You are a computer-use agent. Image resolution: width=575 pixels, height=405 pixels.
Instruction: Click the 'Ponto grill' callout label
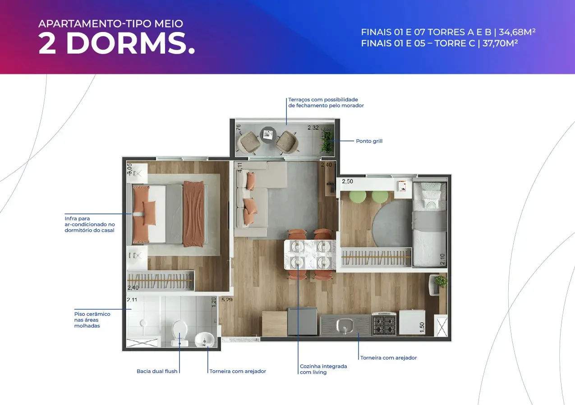pyautogui.click(x=369, y=141)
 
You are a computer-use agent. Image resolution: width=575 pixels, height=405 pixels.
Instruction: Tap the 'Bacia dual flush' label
pyautogui.click(x=157, y=371)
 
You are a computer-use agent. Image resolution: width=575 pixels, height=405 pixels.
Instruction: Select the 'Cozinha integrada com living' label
pyautogui.click(x=323, y=369)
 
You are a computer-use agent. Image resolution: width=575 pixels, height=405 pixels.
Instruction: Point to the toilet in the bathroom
pyautogui.click(x=179, y=333)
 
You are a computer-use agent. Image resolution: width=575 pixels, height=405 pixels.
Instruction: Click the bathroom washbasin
pyautogui.click(x=204, y=340)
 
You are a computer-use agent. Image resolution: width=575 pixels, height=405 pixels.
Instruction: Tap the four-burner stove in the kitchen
pyautogui.click(x=384, y=324)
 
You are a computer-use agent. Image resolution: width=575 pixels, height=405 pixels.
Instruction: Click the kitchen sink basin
pyautogui.click(x=345, y=325)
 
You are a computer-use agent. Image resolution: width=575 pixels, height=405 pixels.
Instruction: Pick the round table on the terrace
pyautogui.click(x=268, y=135)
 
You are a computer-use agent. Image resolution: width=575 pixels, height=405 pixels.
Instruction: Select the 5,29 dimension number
pyautogui.click(x=227, y=300)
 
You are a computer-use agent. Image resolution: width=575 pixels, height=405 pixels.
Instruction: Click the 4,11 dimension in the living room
pyautogui.click(x=240, y=167)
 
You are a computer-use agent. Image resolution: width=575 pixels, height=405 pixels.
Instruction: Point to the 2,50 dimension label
pyautogui.click(x=347, y=182)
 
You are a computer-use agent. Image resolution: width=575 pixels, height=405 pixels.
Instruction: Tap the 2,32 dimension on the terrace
pyautogui.click(x=313, y=127)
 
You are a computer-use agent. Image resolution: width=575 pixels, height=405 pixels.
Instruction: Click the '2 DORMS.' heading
pyautogui.click(x=117, y=43)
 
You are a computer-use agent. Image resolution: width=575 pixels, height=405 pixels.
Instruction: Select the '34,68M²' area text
pyautogui.click(x=517, y=32)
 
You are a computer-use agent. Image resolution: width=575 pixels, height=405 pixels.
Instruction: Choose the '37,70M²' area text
pyautogui.click(x=500, y=43)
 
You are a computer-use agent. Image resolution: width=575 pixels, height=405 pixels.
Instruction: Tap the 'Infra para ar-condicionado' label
pyautogui.click(x=90, y=224)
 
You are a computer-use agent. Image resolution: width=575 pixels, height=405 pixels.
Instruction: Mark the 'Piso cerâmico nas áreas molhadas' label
pyautogui.click(x=92, y=320)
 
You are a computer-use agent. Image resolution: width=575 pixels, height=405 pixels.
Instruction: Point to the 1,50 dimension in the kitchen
pyautogui.click(x=422, y=327)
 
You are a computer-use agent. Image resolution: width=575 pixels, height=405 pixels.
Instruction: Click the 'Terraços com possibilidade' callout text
pyautogui.click(x=323, y=100)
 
